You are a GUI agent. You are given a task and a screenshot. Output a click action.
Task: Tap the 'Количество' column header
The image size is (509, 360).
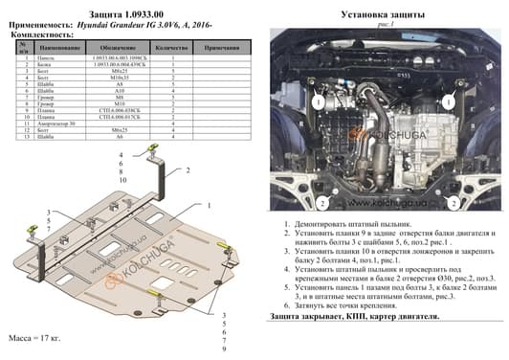[x=170, y=46]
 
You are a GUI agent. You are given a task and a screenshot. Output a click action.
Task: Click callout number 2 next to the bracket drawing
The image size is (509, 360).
[x=189, y=169]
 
